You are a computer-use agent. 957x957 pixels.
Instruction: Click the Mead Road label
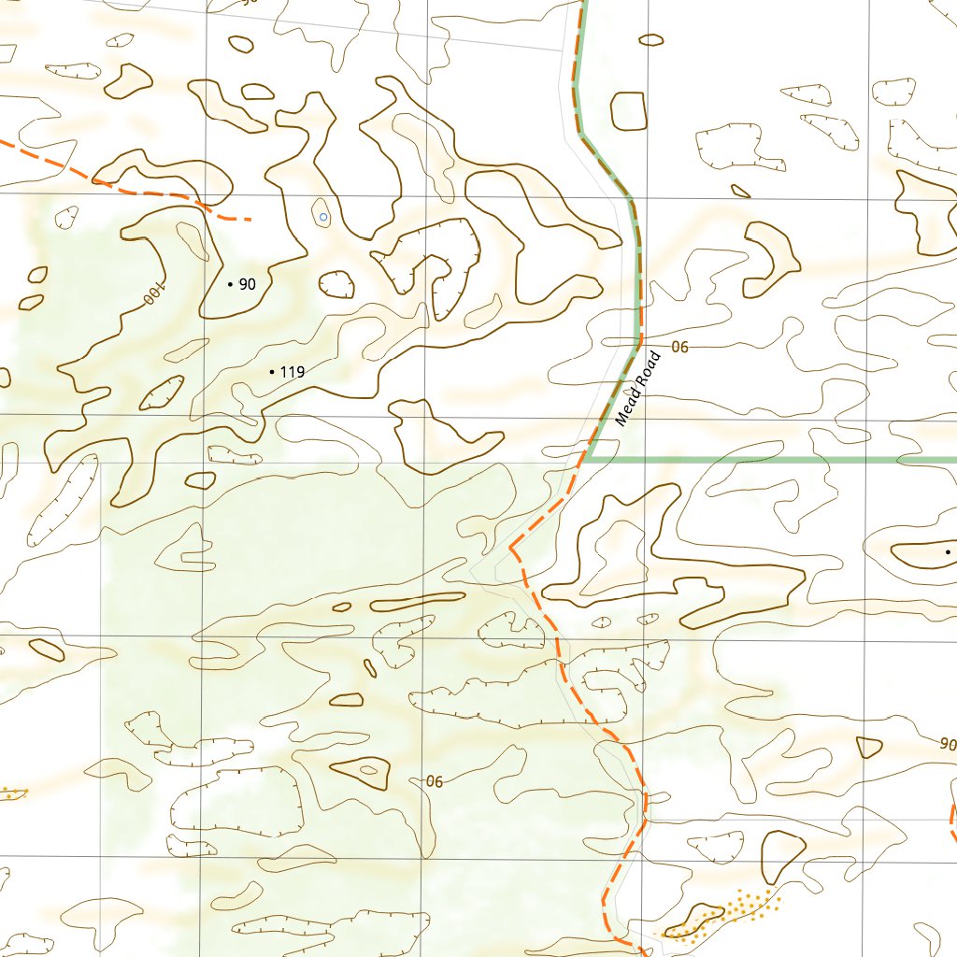pos(638,388)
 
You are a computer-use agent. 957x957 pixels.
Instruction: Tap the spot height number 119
pos(293,372)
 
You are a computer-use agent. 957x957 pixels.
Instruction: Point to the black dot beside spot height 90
pos(230,283)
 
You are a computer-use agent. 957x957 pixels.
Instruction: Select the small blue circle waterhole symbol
pos(323,217)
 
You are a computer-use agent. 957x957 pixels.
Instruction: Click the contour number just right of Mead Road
pos(679,347)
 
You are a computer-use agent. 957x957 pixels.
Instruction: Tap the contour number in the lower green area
pos(434,781)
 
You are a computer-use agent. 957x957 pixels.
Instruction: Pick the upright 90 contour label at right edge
pos(948,745)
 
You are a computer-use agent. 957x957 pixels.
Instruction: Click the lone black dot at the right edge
pos(948,552)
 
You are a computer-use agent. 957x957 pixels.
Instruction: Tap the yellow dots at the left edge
pos(11,793)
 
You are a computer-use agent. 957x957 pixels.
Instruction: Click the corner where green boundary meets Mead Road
pos(589,460)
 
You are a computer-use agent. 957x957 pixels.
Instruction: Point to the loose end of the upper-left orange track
pos(250,220)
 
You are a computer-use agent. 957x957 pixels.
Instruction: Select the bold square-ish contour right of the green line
pos(628,111)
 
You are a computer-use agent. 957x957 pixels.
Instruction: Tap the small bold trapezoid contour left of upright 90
pos(869,747)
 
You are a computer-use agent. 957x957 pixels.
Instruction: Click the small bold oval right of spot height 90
pos(336,283)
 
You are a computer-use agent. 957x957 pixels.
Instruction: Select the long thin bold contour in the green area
pos(418,600)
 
